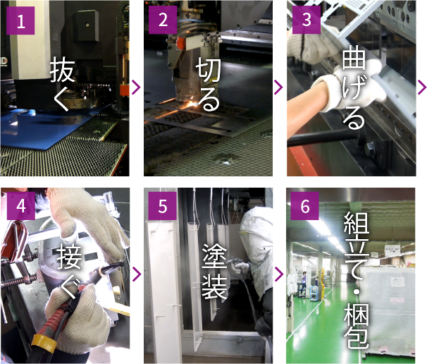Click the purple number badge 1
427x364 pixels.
[20, 20]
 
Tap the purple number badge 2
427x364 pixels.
[163, 20]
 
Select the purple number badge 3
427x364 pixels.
[307, 20]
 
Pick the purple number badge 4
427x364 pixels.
[21, 206]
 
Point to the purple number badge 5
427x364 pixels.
[163, 206]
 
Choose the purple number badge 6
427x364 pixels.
[304, 206]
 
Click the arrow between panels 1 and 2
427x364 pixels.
[136, 87]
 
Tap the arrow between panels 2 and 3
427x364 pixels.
[278, 87]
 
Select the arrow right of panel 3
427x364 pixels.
[422, 87]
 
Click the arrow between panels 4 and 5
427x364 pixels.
[137, 274]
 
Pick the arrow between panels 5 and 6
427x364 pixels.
[279, 274]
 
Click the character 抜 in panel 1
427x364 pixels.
[62, 70]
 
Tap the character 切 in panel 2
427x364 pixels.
[209, 69]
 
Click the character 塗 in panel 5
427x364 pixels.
[215, 256]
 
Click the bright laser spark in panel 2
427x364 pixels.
[194, 104]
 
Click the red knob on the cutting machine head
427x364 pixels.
[180, 43]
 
